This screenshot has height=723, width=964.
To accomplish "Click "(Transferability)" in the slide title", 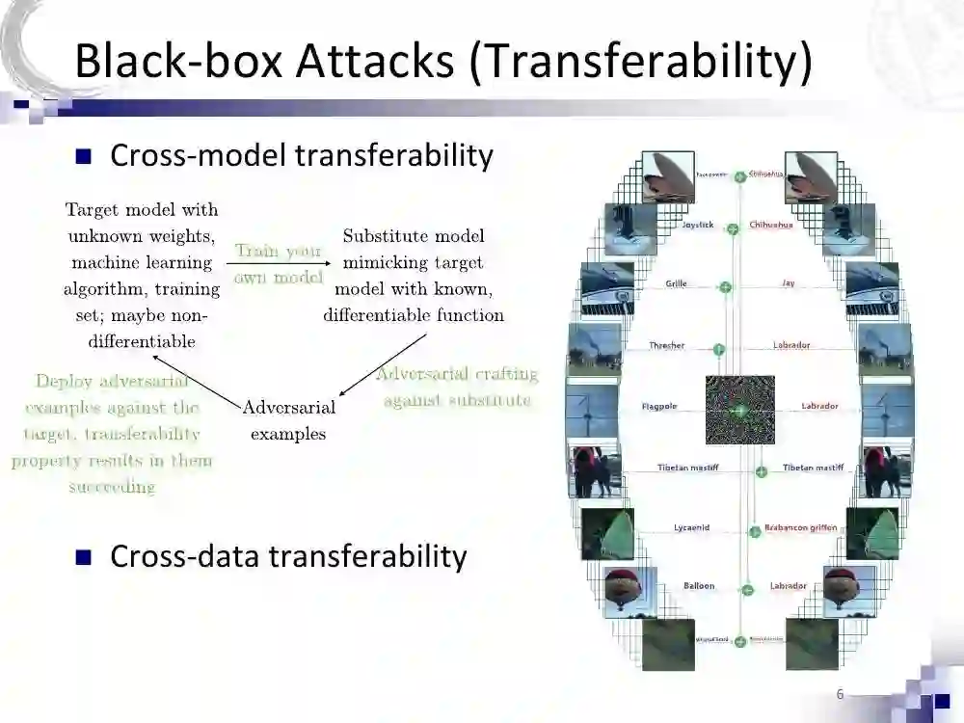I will pos(640,61).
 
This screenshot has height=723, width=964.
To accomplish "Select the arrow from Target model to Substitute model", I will pos(278,263).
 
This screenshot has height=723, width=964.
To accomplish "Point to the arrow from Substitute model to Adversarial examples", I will pos(384,363).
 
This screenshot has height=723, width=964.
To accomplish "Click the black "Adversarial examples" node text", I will pos(288,420).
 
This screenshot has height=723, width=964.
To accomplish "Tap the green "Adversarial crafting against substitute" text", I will pos(457,387).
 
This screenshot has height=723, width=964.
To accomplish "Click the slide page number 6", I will pos(840,694).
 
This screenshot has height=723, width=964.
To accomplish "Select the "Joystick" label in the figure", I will pos(698,225).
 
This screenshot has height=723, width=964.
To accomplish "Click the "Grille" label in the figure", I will pos(676,284).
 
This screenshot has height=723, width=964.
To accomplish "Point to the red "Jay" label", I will pos(789,284).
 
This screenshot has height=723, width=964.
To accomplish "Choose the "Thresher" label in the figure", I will pos(666,345).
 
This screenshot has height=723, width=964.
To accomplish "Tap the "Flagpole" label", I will pos(659,407).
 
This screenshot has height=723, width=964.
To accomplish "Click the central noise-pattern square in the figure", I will pos(739,409).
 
